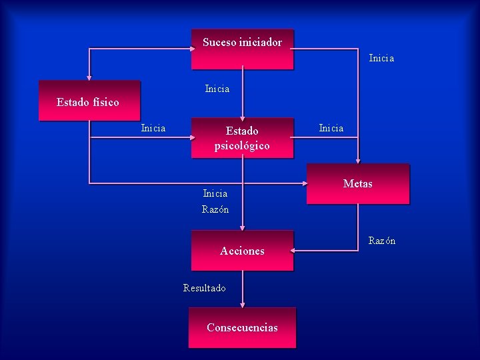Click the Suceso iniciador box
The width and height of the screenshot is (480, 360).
[243, 49]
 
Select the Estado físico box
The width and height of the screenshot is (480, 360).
[89, 101]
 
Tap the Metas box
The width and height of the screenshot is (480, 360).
[358, 184]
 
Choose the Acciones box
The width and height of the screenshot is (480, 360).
[243, 251]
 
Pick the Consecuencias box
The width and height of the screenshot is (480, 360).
[243, 327]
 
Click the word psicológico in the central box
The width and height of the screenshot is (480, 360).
[242, 146]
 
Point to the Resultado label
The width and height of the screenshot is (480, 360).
[204, 288]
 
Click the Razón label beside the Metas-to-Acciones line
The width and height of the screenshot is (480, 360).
[382, 241]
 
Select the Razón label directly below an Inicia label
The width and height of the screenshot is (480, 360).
[215, 209]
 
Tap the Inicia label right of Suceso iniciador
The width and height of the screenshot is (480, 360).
[381, 58]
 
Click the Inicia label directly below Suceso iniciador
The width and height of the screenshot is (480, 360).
[217, 89]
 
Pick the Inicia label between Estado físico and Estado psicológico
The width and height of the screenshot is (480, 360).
[153, 127]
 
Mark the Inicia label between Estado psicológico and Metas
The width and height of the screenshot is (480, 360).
[331, 127]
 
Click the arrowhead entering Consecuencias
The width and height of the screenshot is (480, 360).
[243, 305]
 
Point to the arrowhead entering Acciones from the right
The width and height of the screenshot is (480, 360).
[293, 251]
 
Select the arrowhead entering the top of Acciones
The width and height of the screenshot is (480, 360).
[243, 228]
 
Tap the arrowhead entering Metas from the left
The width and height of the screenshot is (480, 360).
[305, 183]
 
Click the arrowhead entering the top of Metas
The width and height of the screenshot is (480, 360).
[358, 161]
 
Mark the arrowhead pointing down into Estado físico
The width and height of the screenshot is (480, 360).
[89, 77]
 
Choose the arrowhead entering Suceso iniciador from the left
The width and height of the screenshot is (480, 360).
[193, 49]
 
